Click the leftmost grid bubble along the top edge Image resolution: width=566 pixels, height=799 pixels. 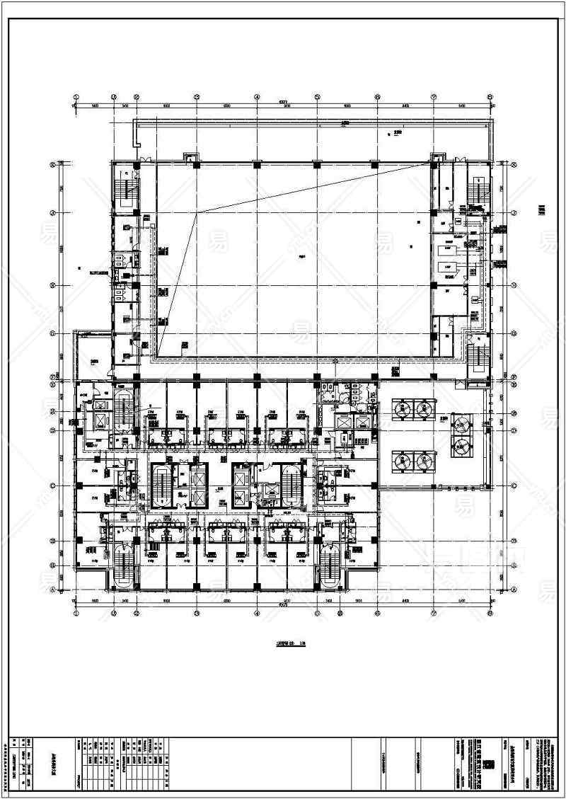tap(76, 98)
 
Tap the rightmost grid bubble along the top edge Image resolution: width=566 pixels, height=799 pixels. tap(491, 98)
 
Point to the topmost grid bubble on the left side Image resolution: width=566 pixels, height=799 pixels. tap(52, 166)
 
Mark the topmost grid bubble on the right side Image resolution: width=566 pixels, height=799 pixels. tap(514, 166)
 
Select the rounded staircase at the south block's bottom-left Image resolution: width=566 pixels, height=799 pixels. tap(123, 566)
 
